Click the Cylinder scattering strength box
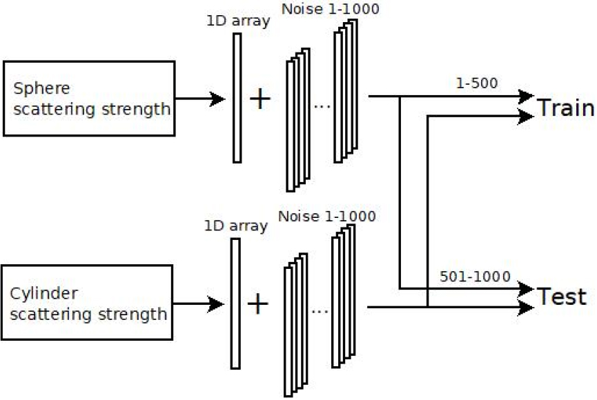pyautogui.click(x=88, y=303)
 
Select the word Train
pyautogui.click(x=565, y=108)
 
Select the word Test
pyautogui.click(x=562, y=297)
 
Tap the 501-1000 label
pyautogui.click(x=475, y=277)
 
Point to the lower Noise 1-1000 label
pyautogui.click(x=327, y=217)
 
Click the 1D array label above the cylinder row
pyautogui.click(x=236, y=226)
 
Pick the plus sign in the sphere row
pyautogui.click(x=260, y=99)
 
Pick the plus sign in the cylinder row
pyautogui.click(x=257, y=303)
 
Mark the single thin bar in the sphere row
pyautogui.click(x=237, y=98)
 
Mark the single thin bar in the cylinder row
pyautogui.click(x=235, y=303)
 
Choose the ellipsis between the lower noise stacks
pyautogui.click(x=320, y=312)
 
